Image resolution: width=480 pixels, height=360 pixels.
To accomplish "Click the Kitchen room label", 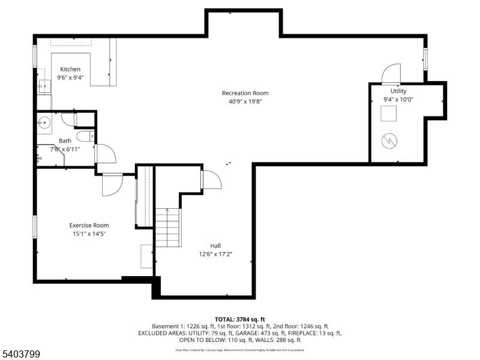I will coord(70,69).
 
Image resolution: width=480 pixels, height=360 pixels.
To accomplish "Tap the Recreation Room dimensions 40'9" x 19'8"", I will coord(245,101).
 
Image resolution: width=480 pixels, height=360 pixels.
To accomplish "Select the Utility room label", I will coord(398,91).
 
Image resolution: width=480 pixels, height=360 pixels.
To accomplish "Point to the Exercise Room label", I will coord(89,225).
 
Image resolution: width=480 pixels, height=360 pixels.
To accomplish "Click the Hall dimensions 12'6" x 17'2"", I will coord(215,254).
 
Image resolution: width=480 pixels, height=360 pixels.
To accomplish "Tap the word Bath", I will coord(65,140).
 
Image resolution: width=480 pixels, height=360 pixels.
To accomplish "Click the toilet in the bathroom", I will coord(86,136).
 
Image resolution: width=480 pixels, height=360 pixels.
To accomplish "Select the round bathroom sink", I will coord(44,122).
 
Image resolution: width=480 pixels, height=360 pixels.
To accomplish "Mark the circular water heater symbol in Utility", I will coord(390,141).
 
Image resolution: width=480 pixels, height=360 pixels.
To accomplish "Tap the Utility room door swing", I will coord(391,73).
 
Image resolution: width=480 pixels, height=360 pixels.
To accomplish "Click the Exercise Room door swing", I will coord(112,185).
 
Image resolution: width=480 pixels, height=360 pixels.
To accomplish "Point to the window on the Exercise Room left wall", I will coord(35,227).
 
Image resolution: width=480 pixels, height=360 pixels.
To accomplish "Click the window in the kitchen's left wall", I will coord(35,57).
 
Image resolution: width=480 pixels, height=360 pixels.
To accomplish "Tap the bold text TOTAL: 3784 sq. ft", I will coord(240,319).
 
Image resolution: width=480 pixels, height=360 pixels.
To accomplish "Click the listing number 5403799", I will coord(22,354).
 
